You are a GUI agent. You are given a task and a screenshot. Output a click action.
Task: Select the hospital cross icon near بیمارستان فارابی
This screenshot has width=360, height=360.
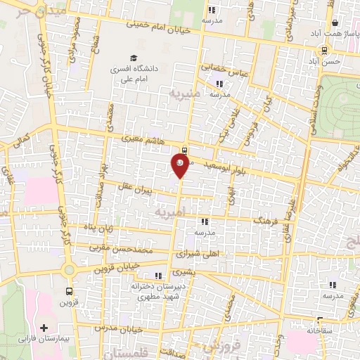coord(45,328)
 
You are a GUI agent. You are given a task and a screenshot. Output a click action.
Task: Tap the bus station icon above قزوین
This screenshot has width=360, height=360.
coord(69,292)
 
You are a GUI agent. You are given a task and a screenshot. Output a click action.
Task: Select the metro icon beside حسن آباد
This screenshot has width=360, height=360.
coord(324,50)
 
